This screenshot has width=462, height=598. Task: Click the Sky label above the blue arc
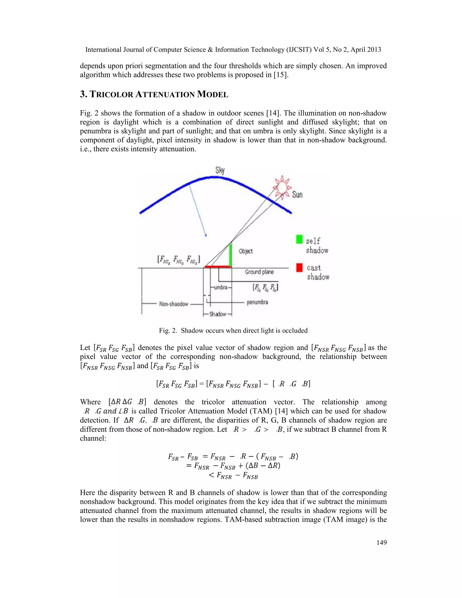[x=220, y=170]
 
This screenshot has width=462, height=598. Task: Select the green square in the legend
[x=299, y=239]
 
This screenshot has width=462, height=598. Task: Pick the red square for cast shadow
[x=299, y=267]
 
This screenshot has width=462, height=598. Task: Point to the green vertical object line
[x=231, y=255]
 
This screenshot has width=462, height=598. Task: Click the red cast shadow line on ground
[x=218, y=267]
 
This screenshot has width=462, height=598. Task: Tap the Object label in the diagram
[x=245, y=251]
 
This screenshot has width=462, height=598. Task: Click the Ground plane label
[x=259, y=272]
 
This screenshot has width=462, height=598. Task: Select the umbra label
[x=221, y=287]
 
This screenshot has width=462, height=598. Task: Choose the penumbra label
[x=257, y=302]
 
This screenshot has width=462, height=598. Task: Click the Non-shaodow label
[x=174, y=304]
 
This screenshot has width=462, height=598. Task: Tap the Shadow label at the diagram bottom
[x=218, y=314]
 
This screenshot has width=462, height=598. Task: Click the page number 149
[x=381, y=543]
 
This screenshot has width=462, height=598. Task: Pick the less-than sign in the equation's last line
[x=211, y=475]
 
